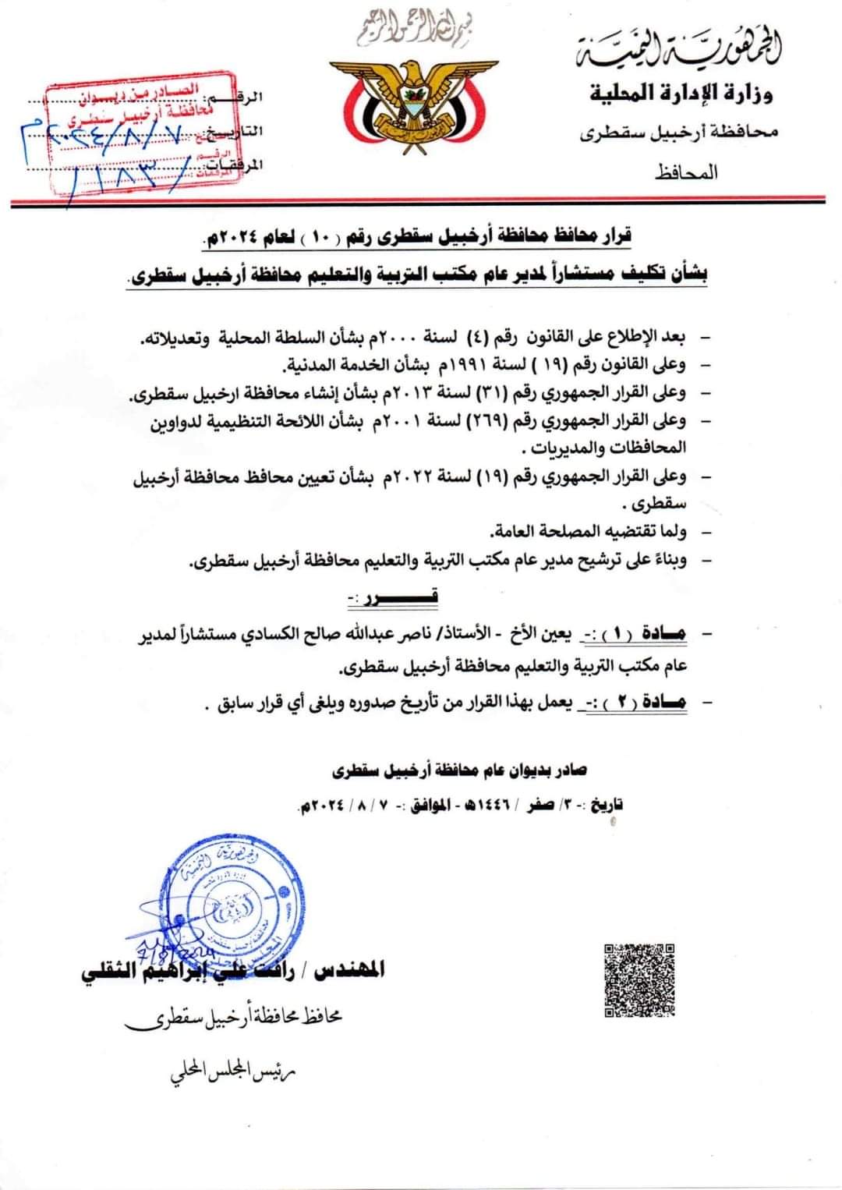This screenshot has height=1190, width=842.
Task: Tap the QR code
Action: pos(639,981)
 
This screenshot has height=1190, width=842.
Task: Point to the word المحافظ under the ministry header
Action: pos(686,172)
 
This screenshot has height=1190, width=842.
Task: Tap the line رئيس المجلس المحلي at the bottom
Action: pos(234,1074)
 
